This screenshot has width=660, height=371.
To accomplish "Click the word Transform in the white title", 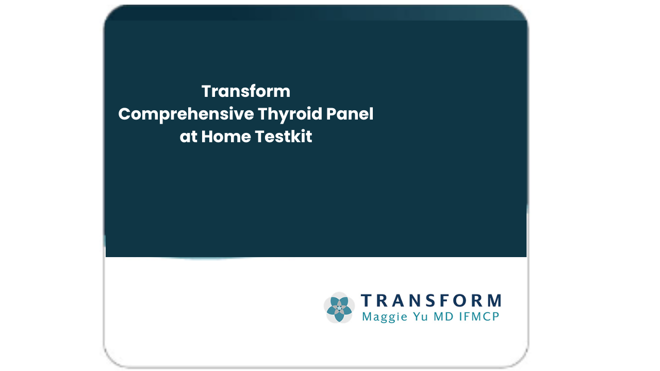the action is click(246, 91).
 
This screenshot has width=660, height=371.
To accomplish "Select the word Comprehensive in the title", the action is click(186, 114).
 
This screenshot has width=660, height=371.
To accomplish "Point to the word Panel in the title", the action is click(350, 114).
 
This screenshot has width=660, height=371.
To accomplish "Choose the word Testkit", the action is click(283, 137).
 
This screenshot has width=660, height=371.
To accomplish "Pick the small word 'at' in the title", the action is click(188, 137).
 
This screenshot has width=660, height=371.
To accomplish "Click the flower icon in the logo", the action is click(339, 308).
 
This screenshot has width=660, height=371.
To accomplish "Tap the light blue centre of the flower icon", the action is click(339, 308).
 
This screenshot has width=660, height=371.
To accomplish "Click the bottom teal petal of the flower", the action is click(339, 316).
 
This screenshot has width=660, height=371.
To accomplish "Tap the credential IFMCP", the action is click(479, 316).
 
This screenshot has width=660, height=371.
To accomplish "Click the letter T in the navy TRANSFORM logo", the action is click(367, 300).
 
